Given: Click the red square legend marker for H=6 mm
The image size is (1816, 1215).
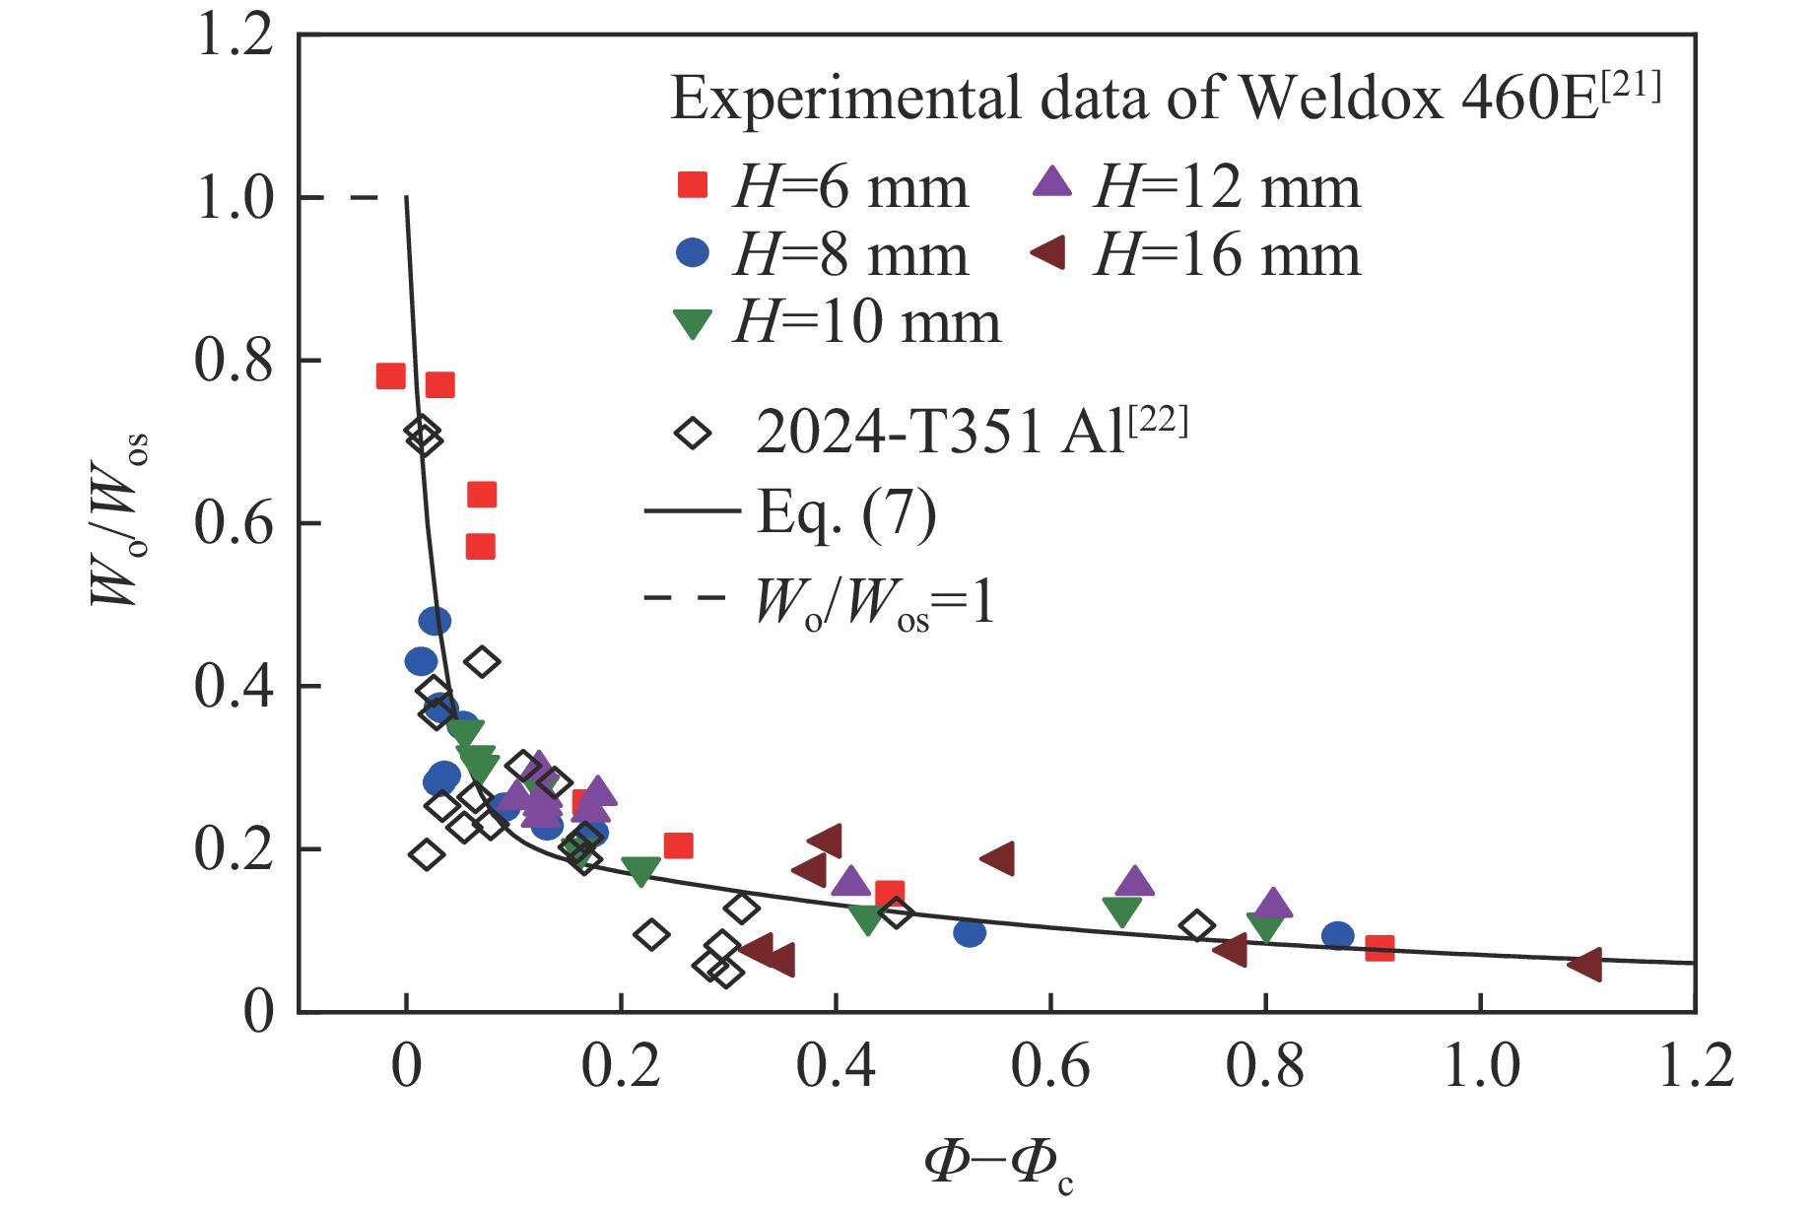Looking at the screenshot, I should tap(693, 184).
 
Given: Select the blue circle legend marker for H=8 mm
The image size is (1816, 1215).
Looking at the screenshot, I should tap(693, 252).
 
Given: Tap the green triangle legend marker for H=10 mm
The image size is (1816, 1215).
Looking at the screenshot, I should tap(692, 323).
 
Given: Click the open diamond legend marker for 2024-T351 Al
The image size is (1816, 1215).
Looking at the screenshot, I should tap(693, 433).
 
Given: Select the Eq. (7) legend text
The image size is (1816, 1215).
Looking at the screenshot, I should tap(845, 512).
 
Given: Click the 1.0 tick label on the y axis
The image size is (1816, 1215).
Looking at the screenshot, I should tap(235, 198).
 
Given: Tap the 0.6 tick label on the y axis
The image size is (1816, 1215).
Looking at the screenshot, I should tap(235, 523).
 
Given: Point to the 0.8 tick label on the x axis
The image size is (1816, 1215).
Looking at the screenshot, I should tap(1265, 1067).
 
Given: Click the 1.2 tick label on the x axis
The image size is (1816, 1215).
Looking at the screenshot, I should tap(1695, 1067).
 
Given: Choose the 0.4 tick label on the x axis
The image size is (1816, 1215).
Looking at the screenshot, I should tap(836, 1067).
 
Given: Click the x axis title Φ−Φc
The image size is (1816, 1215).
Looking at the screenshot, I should tap(997, 1163).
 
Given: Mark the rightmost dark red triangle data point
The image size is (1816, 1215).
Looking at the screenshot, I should tap(1585, 964).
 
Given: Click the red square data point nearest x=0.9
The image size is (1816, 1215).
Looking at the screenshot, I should tap(1379, 948).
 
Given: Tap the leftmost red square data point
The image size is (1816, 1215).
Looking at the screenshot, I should tap(390, 375).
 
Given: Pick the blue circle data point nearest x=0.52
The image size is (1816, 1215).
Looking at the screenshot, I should tap(970, 932).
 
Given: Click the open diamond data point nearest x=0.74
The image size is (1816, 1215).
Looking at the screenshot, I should tap(1197, 926).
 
